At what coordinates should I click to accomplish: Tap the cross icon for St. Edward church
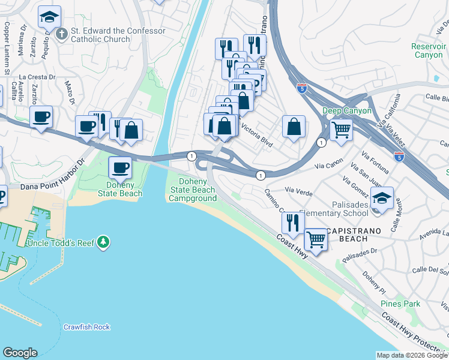point(62,34)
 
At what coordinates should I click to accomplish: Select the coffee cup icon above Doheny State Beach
point(119,167)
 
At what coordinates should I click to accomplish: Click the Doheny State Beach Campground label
point(193,190)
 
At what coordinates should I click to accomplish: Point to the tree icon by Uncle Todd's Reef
point(104,242)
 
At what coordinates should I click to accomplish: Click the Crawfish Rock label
point(87,327)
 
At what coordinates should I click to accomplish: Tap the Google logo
point(20,353)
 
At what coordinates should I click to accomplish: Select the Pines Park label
point(403,304)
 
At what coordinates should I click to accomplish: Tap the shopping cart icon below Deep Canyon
point(341,128)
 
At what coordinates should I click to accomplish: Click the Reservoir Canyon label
point(428,50)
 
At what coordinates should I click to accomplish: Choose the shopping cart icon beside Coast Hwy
point(316,239)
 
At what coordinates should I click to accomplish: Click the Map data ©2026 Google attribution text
point(412,355)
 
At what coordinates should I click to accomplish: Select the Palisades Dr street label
point(359,256)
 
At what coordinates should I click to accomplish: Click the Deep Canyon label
point(347,111)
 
